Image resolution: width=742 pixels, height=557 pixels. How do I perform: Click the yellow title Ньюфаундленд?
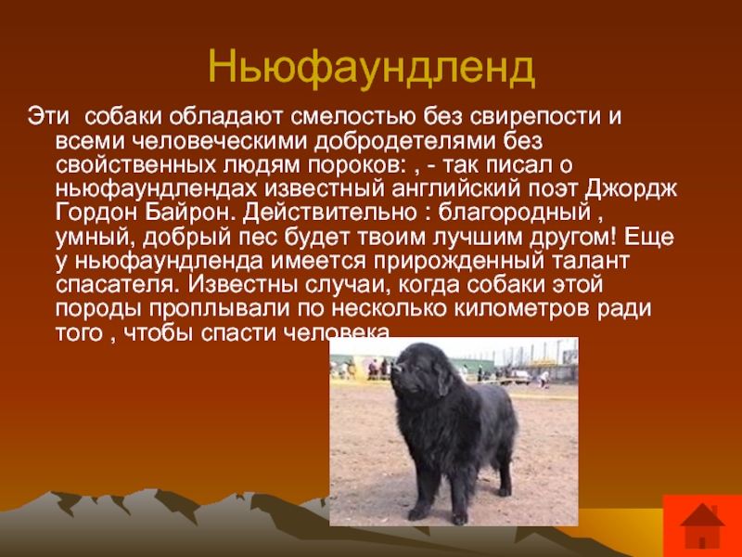click(x=372, y=68)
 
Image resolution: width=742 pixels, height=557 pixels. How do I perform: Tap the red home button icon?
click(x=702, y=525)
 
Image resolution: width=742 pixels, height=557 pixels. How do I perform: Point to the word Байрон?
click(x=191, y=213)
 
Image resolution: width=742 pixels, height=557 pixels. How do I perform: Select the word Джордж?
click(x=632, y=189)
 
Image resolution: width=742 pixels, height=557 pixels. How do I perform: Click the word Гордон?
click(x=97, y=213)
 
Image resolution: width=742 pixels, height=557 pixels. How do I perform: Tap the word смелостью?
click(x=353, y=117)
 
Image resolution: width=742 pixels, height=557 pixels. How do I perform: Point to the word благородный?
click(x=515, y=214)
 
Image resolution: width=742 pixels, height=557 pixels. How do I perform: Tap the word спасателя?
click(x=119, y=285)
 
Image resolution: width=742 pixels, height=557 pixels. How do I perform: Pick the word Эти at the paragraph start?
click(x=48, y=117)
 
